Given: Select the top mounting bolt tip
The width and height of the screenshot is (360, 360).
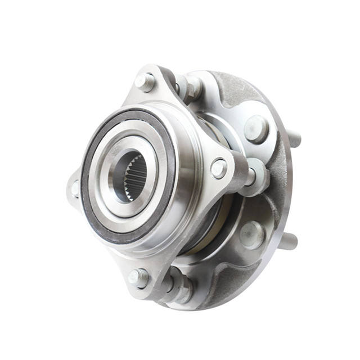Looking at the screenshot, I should pos(145,82).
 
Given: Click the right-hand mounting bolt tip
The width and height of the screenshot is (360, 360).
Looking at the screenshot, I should pos(218,168).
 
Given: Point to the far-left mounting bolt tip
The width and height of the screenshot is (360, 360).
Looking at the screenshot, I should pos(74,188).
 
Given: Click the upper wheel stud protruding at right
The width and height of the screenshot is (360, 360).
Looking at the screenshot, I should pos(294,138).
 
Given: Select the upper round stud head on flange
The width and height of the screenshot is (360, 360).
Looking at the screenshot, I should pos(256,129).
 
